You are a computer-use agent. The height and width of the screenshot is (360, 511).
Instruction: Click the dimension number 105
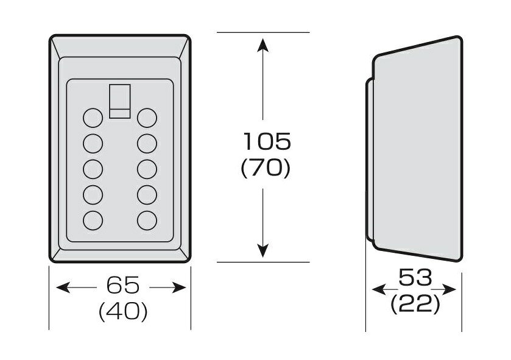267,141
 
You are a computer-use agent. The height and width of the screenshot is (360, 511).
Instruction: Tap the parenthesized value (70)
266,169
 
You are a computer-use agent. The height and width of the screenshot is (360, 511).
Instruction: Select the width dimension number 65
123,285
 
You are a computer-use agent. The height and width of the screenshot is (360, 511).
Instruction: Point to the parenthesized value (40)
123,311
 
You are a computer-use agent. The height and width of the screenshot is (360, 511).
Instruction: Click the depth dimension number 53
416,277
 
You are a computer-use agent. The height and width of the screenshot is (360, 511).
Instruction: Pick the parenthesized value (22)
415,305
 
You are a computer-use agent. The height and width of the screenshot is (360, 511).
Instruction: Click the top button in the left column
93,118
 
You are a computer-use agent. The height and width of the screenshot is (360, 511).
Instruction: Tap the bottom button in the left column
93,221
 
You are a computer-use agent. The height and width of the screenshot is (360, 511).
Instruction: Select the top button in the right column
147,118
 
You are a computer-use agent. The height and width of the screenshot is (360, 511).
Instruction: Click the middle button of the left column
93,169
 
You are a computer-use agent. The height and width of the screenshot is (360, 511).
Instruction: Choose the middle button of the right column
147,169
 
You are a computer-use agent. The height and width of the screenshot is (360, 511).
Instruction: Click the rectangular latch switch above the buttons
120,101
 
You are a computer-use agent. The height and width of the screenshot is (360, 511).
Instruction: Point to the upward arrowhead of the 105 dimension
263,44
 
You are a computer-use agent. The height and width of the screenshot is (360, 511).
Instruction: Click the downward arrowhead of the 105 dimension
263,250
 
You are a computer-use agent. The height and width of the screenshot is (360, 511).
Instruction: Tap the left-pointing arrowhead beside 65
63,288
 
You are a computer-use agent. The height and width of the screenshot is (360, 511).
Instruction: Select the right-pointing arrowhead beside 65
179,288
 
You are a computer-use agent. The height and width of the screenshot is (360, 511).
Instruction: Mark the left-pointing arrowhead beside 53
379,289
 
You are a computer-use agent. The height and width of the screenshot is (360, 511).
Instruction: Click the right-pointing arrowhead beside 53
449,289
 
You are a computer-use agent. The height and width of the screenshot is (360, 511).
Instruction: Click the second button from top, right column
147,143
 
